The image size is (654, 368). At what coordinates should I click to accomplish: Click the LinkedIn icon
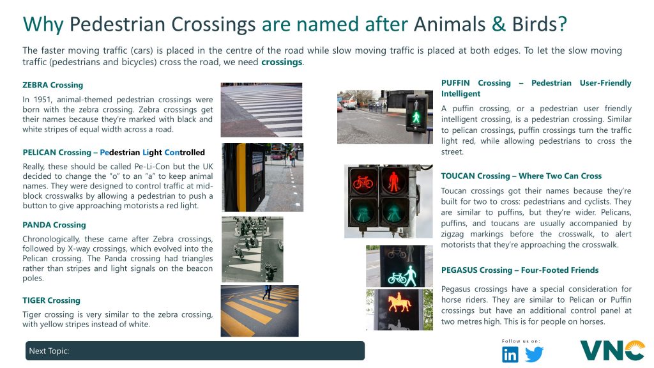[510, 354]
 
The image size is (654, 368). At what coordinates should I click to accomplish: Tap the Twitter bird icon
[535, 354]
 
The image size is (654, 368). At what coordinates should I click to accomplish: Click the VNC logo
[612, 351]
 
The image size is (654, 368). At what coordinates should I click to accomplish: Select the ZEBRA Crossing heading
[52, 85]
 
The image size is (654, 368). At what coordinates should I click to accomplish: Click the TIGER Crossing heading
[51, 300]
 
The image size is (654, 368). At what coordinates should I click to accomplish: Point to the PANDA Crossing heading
[54, 225]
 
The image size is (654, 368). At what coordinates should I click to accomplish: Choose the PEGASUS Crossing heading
[520, 270]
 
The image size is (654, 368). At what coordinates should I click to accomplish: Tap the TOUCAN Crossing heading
[521, 176]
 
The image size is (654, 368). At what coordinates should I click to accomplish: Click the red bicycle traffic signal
[363, 182]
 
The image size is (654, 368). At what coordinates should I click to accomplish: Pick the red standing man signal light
[393, 181]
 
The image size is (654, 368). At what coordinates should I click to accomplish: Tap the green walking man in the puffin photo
[416, 117]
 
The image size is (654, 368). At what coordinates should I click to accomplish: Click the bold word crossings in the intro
[282, 62]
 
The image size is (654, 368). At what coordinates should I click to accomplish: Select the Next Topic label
[49, 351]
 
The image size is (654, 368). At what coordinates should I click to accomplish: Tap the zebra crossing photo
[261, 110]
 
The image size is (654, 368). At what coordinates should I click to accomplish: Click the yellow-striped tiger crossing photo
[259, 311]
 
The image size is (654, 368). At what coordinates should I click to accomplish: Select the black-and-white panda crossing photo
[252, 249]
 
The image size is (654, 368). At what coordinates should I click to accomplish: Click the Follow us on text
[521, 341]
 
